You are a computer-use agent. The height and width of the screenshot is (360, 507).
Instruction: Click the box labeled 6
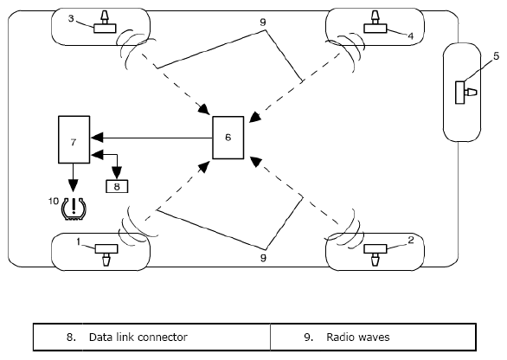coord(228,138)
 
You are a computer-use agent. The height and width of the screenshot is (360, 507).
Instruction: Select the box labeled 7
coord(74,139)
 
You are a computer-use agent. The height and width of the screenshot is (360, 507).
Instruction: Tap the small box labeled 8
coord(117,186)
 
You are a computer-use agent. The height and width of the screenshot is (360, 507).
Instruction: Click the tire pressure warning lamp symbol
coord(74,209)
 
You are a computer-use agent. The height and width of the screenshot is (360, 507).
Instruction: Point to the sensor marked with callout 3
coord(105,22)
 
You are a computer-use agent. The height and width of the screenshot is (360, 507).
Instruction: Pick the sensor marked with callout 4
coord(375,22)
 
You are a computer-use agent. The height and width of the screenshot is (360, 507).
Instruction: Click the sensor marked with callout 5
coord(466,93)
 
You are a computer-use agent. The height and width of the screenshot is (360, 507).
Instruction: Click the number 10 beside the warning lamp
coord(54,201)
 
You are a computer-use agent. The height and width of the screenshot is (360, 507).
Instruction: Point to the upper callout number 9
coord(263,22)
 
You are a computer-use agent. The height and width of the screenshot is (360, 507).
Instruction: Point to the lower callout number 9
coord(263,258)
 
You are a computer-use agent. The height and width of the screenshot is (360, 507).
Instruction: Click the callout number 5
coord(497,56)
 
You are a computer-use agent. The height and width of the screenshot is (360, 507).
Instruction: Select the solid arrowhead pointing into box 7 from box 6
coord(97,138)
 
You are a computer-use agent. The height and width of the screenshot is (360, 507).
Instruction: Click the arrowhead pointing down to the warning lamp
coord(74,186)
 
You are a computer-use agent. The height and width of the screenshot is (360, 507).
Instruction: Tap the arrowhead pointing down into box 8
coord(117,173)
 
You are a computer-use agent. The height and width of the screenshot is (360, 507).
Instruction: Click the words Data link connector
coord(138,337)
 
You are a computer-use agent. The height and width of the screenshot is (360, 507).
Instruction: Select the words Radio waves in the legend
coord(358,337)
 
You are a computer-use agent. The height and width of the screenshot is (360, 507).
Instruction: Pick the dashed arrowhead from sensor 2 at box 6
coord(256,162)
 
